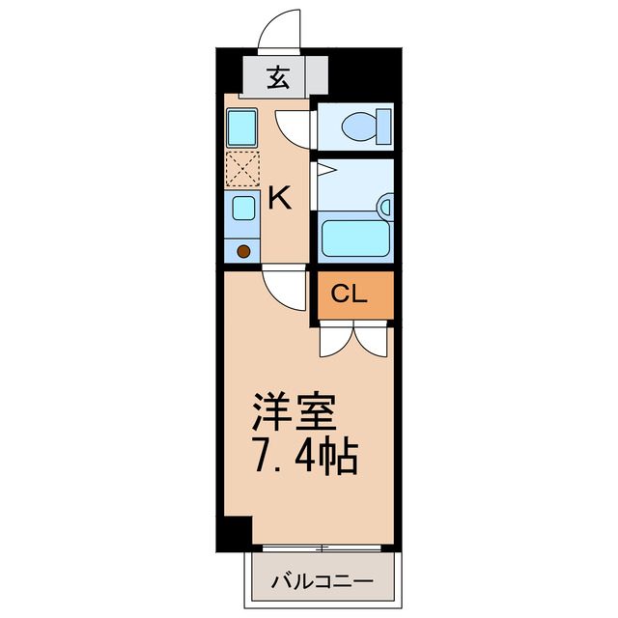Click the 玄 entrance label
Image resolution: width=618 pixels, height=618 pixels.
point(278,78)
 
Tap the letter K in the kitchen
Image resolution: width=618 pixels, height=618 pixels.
point(279,199)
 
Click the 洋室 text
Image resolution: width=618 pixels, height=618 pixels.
point(294,412)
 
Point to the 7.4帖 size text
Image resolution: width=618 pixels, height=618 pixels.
point(305,456)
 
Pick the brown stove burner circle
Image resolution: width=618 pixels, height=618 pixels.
point(243,252)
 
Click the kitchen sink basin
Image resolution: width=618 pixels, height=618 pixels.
point(243,208)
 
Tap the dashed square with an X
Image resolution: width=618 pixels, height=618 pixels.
point(241,169)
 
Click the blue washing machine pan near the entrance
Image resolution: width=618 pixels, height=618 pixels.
point(240,126)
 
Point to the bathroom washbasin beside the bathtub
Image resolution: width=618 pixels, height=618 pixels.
point(386,206)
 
